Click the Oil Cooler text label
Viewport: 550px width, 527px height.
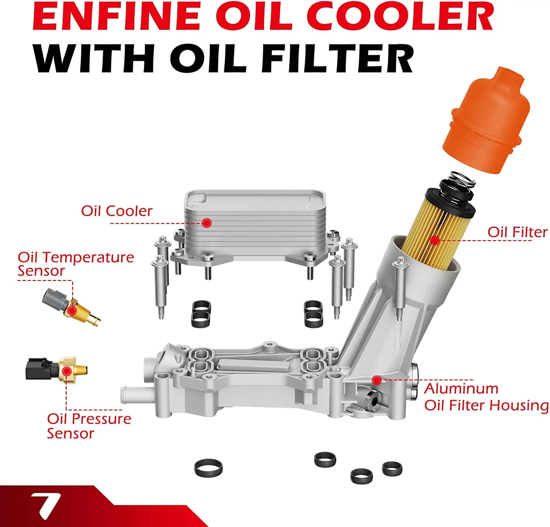116,211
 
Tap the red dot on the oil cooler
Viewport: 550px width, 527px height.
207,223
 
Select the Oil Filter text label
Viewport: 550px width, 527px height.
517,232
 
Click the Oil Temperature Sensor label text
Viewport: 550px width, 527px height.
75,263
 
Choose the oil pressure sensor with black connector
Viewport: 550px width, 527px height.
57,369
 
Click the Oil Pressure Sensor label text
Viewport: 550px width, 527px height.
89,426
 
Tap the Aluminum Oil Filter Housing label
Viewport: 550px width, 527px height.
486,397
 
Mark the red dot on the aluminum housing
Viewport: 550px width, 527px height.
376,380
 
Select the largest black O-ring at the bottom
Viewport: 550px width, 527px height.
208,468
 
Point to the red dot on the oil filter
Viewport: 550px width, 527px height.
435,240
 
